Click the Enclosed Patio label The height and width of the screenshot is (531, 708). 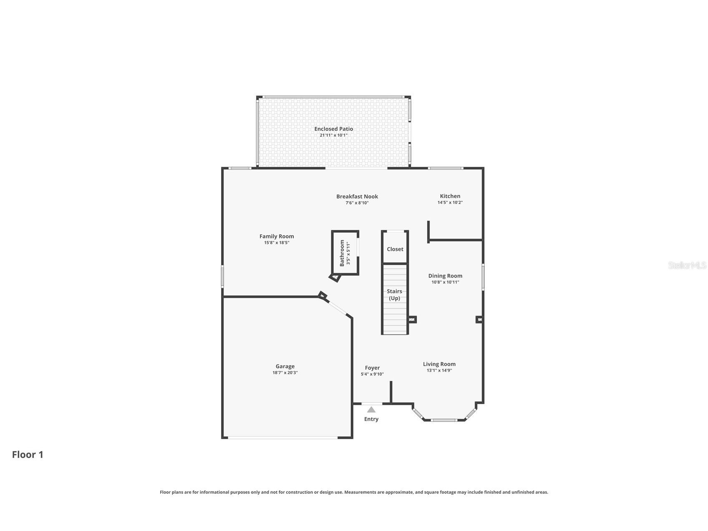[x=333, y=129]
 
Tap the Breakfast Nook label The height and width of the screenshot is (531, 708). [x=357, y=197]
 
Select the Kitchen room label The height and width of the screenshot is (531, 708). [x=450, y=196]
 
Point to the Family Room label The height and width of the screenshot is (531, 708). [x=277, y=236]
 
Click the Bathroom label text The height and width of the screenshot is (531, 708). [x=342, y=253]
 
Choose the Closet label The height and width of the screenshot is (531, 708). [x=395, y=249]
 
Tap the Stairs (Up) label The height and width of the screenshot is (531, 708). [x=394, y=295]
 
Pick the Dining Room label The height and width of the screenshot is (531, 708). [x=445, y=276]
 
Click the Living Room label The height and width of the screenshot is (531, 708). [x=439, y=364]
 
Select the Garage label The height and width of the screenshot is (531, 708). [x=285, y=367]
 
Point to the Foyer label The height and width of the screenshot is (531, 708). [x=372, y=368]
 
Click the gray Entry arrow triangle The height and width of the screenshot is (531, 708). [x=371, y=410]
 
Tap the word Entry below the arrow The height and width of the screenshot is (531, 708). [x=371, y=419]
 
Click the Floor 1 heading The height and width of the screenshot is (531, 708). [x=28, y=455]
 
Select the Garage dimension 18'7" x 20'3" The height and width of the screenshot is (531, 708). [x=285, y=373]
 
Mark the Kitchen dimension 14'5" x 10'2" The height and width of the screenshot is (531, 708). [x=450, y=202]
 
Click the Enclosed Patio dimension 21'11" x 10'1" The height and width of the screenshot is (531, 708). [x=333, y=135]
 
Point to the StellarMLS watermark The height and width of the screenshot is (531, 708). [x=687, y=265]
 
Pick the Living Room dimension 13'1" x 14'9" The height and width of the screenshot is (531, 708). [x=439, y=370]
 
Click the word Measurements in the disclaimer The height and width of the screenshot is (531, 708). [x=360, y=492]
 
